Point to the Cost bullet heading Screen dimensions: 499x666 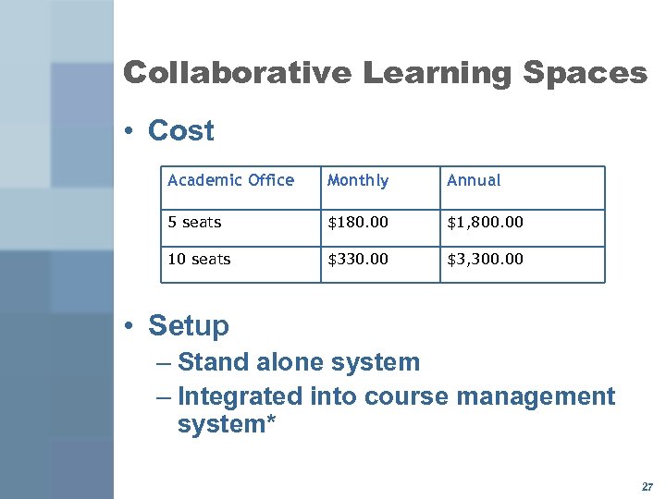point(180,131)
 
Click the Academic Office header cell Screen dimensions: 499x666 point(230,180)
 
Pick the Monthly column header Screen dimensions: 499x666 point(358,180)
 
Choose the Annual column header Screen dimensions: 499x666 point(474,180)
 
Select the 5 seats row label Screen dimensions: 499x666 point(194,222)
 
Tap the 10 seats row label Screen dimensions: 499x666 point(199,259)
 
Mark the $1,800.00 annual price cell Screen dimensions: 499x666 point(485,222)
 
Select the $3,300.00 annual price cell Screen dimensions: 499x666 point(485,259)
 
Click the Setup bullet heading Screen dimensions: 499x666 point(188,325)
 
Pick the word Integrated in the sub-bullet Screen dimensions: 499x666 point(240,396)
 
